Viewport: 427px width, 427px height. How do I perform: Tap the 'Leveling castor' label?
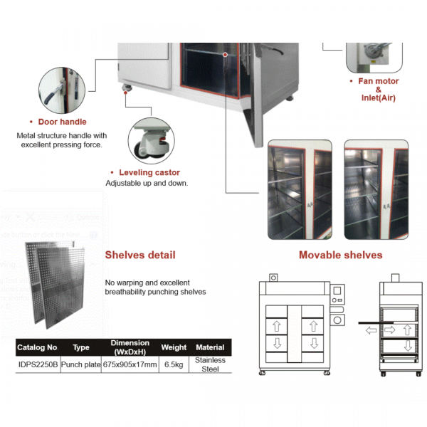[x=149, y=172]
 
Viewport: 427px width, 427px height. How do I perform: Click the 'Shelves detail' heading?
[x=140, y=255]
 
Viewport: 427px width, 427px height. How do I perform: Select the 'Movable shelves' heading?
[x=340, y=255]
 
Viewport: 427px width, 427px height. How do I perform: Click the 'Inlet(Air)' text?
[x=378, y=97]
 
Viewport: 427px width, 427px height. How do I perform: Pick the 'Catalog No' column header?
[x=36, y=347]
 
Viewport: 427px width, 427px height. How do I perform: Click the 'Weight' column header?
[x=174, y=347]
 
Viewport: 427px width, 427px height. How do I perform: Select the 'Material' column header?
[x=210, y=347]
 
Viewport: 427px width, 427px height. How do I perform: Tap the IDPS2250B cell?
[x=37, y=364]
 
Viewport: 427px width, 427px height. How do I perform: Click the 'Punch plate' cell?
[x=80, y=364]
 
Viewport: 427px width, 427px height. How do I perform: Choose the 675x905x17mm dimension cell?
[x=130, y=364]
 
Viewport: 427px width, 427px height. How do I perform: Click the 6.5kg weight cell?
[x=174, y=364]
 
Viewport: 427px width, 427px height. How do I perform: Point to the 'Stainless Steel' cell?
[x=210, y=364]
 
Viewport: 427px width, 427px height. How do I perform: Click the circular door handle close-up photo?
[x=62, y=90]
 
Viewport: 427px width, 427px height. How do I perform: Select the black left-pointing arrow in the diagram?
[x=371, y=330]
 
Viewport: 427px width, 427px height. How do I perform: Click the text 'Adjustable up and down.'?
[x=146, y=183]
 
